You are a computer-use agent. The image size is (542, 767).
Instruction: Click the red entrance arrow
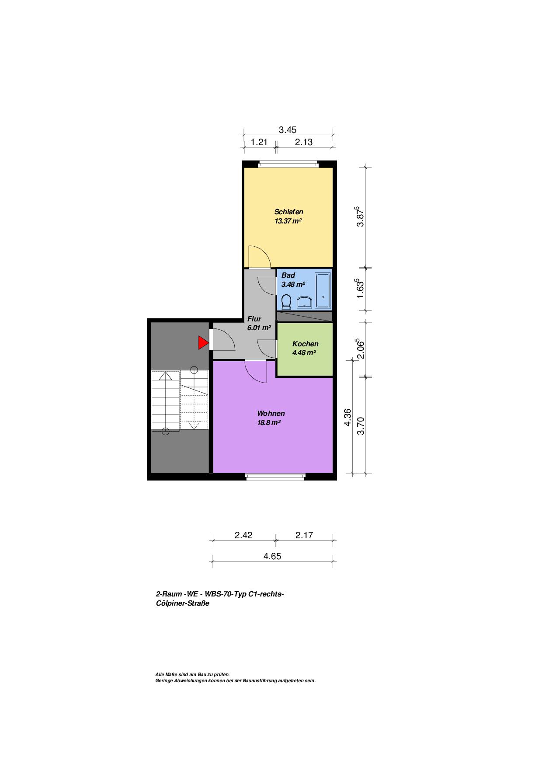pyautogui.click(x=202, y=343)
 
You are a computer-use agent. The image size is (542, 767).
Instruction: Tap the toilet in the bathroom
pyautogui.click(x=287, y=302)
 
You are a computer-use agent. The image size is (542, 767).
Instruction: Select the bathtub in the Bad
pyautogui.click(x=323, y=291)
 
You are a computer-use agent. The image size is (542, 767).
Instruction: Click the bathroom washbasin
pyautogui.click(x=304, y=303)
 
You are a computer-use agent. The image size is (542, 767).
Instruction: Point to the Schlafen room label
pyautogui.click(x=288, y=212)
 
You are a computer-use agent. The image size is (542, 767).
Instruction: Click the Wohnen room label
pyautogui.click(x=271, y=413)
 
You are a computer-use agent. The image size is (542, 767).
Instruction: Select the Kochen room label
pyautogui.click(x=305, y=344)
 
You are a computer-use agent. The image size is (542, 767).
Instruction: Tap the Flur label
pyautogui.click(x=254, y=319)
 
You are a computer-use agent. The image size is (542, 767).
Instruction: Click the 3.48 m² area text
pyautogui.click(x=293, y=284)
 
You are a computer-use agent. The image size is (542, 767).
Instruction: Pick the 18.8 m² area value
pyautogui.click(x=269, y=422)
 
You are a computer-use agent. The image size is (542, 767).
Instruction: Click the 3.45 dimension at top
pyautogui.click(x=288, y=129)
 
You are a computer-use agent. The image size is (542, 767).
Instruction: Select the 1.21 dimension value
pyautogui.click(x=259, y=142)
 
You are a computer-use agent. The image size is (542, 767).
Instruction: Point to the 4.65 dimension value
pyautogui.click(x=272, y=556)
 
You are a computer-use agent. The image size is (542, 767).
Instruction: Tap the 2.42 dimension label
pyautogui.click(x=243, y=535)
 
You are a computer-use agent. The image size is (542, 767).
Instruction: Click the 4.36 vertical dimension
pyautogui.click(x=348, y=417)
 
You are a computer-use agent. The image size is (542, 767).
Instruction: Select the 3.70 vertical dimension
pyautogui.click(x=361, y=426)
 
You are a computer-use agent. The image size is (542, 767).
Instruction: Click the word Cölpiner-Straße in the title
pyautogui.click(x=183, y=603)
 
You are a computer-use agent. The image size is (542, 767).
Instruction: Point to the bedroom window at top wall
pyautogui.click(x=288, y=164)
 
